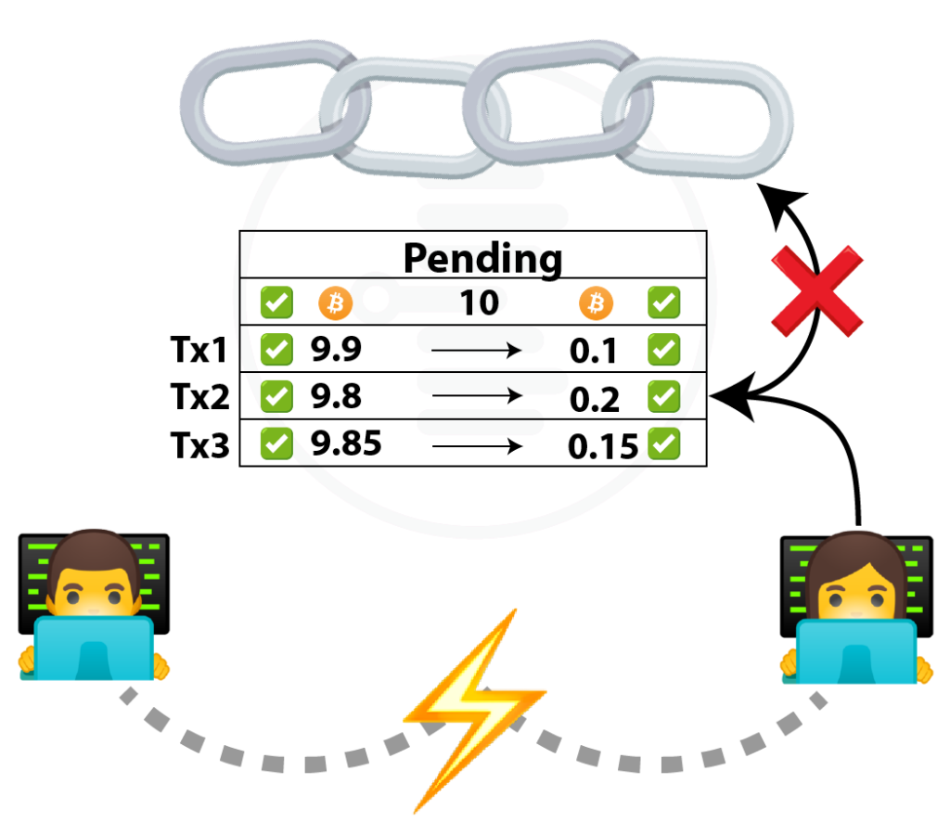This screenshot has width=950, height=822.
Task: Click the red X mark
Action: [816, 290]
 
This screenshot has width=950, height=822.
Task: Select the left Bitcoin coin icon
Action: [336, 303]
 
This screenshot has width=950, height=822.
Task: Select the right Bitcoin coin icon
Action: [597, 302]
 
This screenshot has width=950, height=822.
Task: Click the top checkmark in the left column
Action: [276, 302]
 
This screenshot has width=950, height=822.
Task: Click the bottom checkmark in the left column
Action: [276, 443]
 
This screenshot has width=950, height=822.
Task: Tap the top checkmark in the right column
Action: [663, 302]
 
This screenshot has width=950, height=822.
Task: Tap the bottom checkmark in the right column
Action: [663, 443]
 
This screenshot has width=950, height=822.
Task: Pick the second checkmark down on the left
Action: [276, 349]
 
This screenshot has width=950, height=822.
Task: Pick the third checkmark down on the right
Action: [663, 396]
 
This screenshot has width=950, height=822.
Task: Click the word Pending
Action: [479, 261]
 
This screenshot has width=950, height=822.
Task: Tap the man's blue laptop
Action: [94, 649]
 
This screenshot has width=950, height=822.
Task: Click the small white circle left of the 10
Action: [376, 300]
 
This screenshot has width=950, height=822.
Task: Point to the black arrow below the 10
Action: [478, 350]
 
